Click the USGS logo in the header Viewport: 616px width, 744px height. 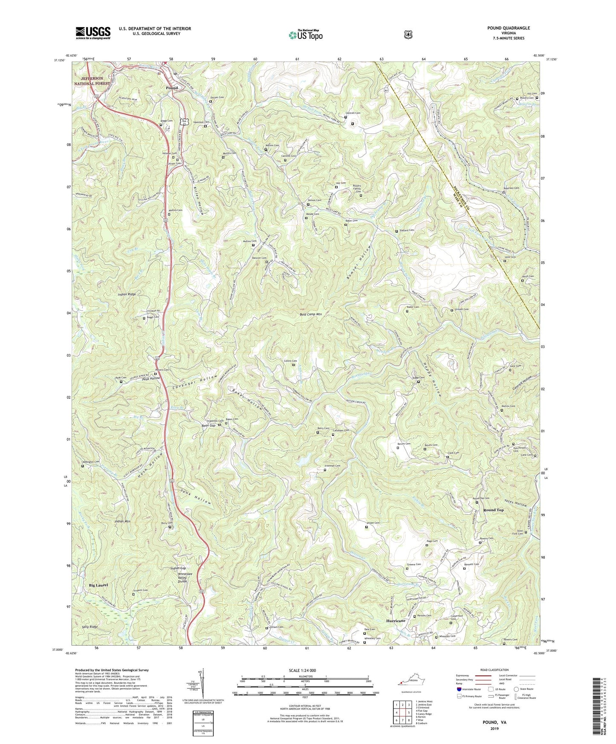[93, 33]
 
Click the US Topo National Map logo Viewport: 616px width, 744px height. [305, 35]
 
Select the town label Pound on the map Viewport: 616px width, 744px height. [172, 88]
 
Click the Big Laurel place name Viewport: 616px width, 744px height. [98, 585]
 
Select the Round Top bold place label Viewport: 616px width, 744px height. [493, 510]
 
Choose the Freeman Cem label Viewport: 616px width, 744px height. [333, 466]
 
